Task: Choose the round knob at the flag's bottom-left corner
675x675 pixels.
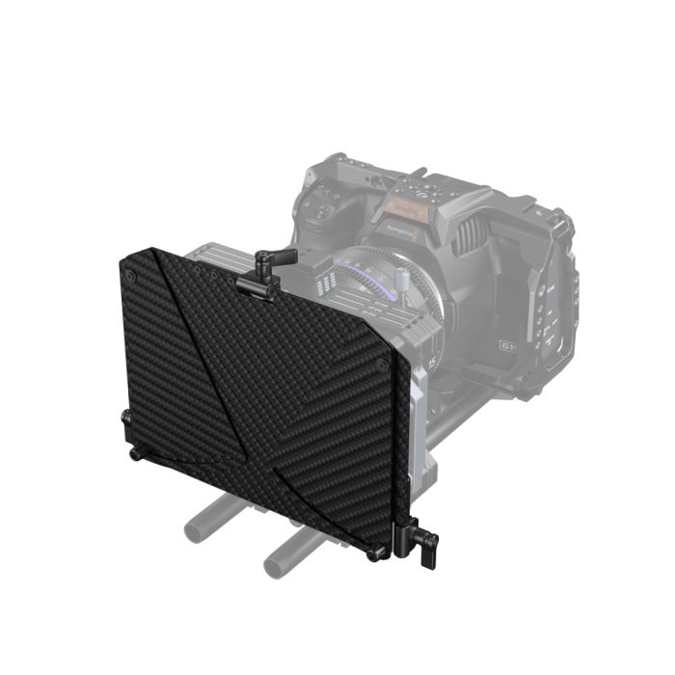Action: pyautogui.click(x=134, y=450)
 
